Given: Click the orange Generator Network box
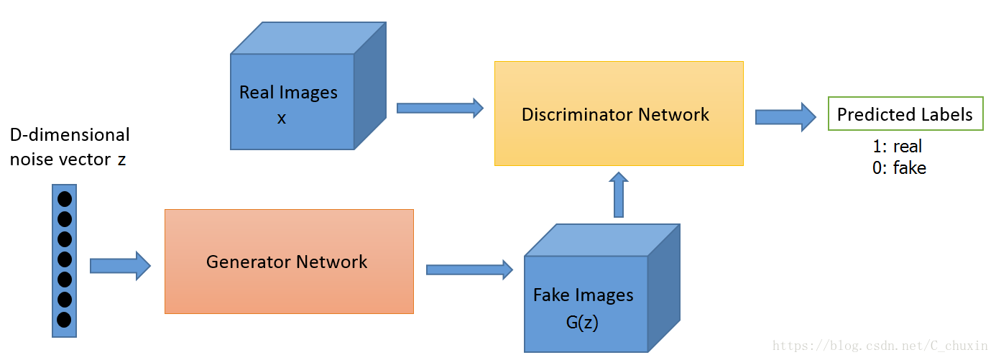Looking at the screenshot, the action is (289, 262).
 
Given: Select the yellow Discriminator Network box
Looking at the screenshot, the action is (619, 114).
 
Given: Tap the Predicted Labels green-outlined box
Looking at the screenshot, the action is (905, 114).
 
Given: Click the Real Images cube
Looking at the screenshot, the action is (308, 86).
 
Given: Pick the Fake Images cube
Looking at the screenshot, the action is (602, 288).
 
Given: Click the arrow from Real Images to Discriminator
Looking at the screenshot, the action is (440, 108).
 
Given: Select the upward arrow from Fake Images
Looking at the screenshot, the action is (619, 195).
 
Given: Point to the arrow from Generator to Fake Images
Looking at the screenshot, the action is (469, 269).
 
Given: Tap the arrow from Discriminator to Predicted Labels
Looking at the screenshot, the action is (785, 117).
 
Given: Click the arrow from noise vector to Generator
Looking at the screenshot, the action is (120, 266).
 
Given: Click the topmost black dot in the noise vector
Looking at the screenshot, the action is (65, 199).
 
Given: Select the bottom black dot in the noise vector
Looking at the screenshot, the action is (64, 320).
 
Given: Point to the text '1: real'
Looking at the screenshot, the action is (897, 146).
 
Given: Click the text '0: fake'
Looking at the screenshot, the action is (899, 168).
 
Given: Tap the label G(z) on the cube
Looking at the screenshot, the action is (582, 322).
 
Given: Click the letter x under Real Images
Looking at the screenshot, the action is (282, 119).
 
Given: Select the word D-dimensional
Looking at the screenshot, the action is (70, 134).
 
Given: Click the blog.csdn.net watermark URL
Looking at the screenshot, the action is (879, 346).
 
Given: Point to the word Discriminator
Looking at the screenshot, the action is (577, 115).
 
